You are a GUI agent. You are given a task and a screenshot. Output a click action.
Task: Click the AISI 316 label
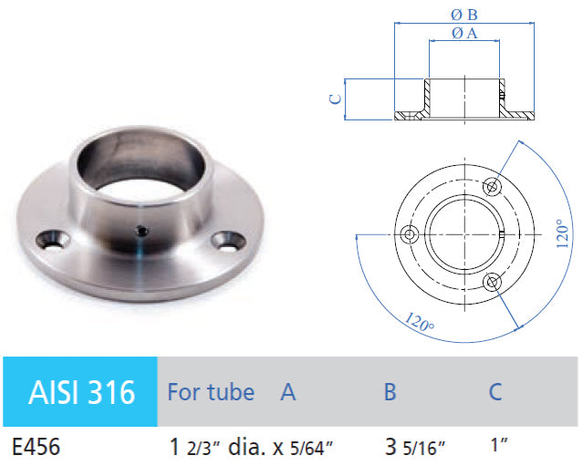coord(82,392)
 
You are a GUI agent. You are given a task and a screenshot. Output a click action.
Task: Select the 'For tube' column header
coord(211,392)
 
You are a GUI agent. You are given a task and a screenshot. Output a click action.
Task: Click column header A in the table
coord(288,392)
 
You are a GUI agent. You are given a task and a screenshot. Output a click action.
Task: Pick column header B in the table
coord(390,392)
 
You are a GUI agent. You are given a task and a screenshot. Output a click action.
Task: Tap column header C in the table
coord(495,392)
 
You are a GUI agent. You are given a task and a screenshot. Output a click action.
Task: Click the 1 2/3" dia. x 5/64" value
coord(250,447)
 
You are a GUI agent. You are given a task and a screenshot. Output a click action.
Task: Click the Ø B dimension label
coord(465,14)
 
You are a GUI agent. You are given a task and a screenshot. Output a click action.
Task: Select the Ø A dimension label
coord(465,33)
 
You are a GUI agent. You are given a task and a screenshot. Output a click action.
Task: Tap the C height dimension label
coord(337,98)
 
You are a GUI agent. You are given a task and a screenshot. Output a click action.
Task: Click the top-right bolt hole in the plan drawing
coord(493,186)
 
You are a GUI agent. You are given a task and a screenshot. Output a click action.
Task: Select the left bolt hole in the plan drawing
coord(410,234)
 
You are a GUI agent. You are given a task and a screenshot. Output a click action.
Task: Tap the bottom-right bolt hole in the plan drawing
coord(493,282)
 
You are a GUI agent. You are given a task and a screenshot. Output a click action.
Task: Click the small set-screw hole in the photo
coord(141,231)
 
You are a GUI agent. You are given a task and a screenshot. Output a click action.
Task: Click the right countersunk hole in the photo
coord(224,242)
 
